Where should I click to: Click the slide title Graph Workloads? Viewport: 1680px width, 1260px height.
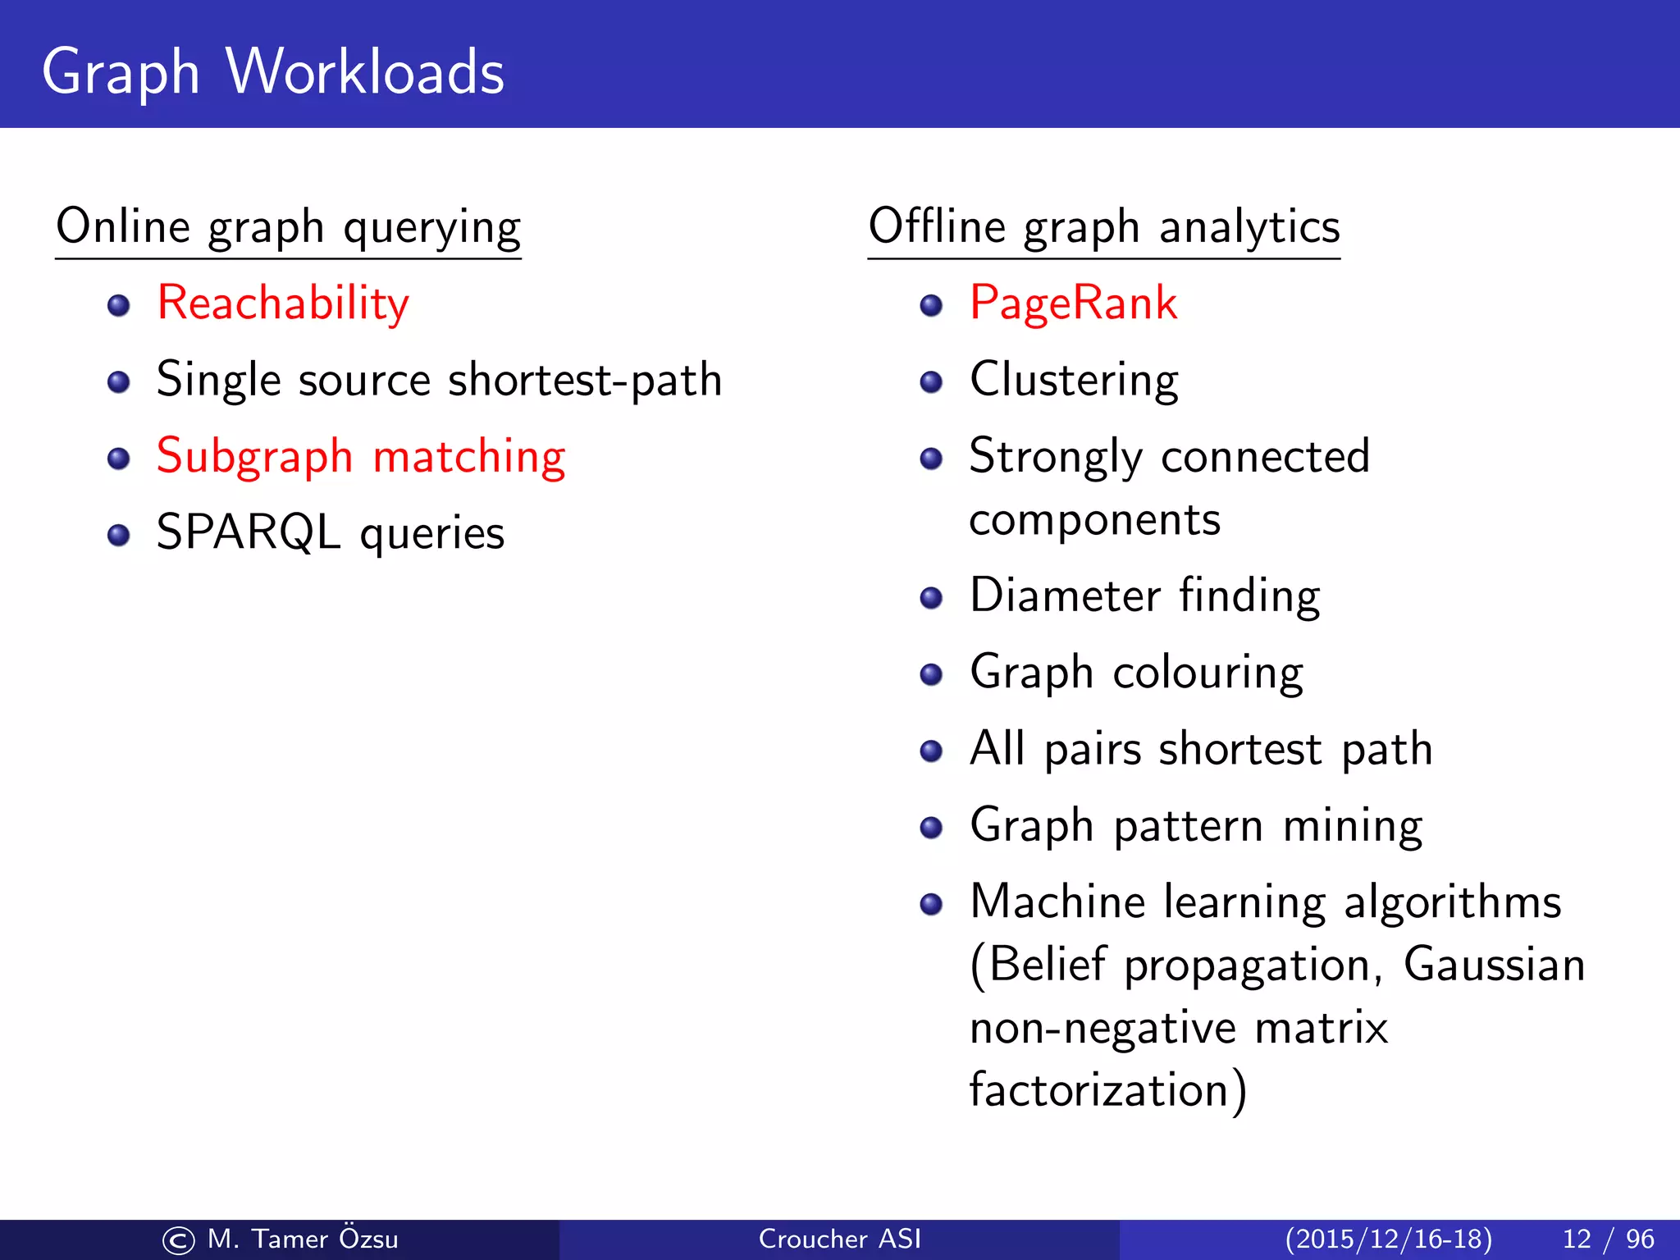[272, 72]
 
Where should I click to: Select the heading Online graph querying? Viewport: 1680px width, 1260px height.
[288, 227]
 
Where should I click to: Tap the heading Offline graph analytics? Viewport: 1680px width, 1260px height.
[1103, 227]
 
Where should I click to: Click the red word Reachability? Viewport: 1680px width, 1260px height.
[282, 304]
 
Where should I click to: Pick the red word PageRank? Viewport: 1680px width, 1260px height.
[1073, 303]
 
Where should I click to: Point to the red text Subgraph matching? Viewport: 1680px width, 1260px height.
[361, 457]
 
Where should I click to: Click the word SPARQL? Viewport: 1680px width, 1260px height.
[248, 533]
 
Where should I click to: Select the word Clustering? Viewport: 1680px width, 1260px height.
[1074, 381]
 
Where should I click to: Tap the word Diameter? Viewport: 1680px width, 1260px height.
[1065, 596]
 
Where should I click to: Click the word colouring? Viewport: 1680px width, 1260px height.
[1207, 673]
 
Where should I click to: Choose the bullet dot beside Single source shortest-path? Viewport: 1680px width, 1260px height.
[119, 382]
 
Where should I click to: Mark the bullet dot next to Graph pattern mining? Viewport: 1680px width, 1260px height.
[931, 828]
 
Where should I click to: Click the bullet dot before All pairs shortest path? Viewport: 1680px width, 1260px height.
[931, 751]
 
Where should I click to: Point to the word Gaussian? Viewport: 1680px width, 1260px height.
[1494, 965]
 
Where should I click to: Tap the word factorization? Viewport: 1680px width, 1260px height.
[1098, 1091]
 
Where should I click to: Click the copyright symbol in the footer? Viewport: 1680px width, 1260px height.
[179, 1240]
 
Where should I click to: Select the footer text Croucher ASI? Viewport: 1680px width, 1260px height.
[839, 1239]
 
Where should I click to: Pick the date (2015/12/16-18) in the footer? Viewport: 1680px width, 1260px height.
[1388, 1239]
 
